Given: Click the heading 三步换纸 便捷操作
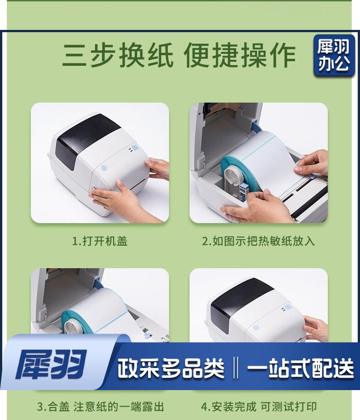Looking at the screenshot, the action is pos(179,55).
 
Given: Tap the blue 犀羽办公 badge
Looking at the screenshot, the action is pos(334,55).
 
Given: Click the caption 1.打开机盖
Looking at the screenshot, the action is pos(100,241).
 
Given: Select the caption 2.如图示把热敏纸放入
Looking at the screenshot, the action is pos(258,241).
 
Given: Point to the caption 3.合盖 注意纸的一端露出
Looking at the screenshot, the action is pos(100,406).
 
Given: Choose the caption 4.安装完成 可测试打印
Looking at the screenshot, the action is pos(259,406).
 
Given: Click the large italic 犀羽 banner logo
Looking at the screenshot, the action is pos(51,364).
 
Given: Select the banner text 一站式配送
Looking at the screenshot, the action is pos(300,368).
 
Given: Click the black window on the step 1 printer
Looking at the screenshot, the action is pos(86,139).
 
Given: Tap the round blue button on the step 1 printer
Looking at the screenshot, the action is pos(104,168).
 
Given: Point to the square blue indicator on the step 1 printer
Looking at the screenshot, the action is pos(135,148).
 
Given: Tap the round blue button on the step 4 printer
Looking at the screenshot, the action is pos(256,328).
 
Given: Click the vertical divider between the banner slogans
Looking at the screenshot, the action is pos(235,368).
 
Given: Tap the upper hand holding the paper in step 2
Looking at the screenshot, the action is pos(312,162).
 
